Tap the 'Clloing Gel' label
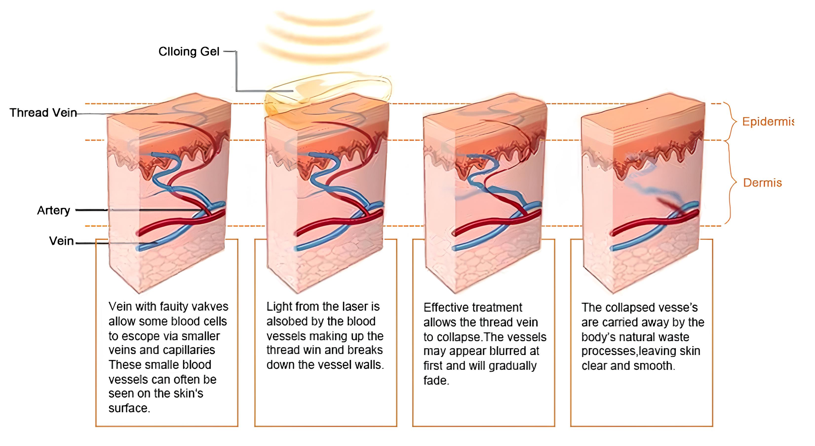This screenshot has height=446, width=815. click(189, 52)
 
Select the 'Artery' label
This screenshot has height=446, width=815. click(54, 210)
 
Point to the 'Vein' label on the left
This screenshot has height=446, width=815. click(61, 241)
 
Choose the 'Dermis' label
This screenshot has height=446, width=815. click(762, 183)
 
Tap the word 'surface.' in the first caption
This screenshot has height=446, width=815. click(129, 408)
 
